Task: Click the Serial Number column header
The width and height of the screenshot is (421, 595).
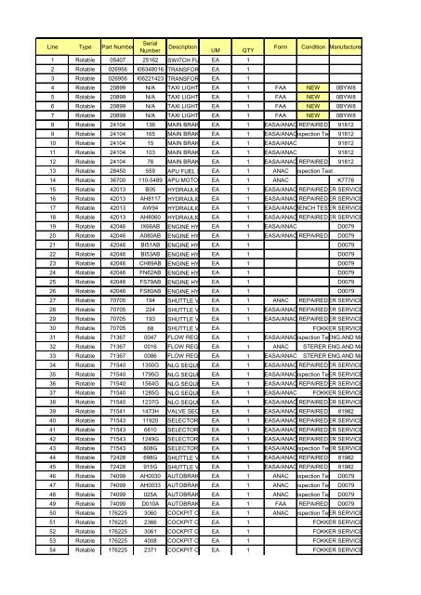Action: click(x=150, y=46)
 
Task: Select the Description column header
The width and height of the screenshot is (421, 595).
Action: click(x=182, y=46)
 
